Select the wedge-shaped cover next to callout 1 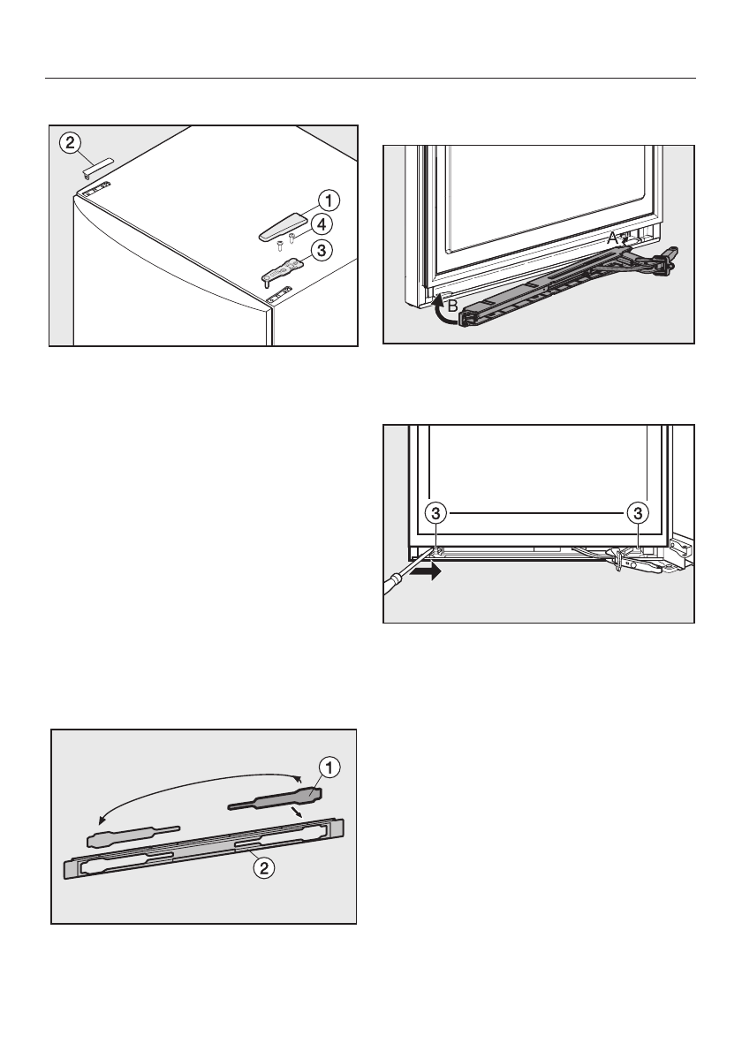click(x=280, y=226)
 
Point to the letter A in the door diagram click(x=611, y=238)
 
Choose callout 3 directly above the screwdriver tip click(x=435, y=512)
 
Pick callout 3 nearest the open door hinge click(x=640, y=512)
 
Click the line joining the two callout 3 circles click(x=537, y=512)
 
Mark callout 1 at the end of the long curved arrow click(x=326, y=768)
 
